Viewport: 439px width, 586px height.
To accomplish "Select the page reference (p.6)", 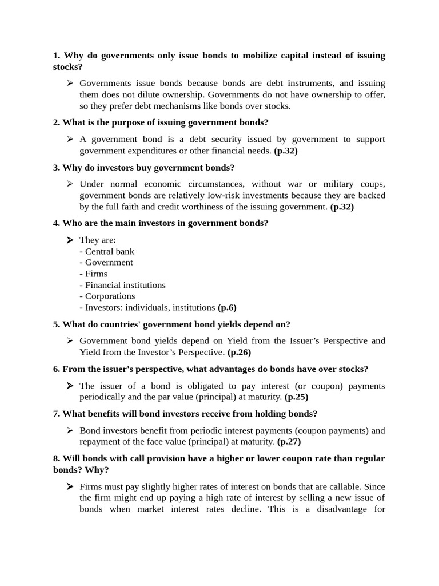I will [227, 307].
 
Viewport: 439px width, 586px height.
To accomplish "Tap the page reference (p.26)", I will [239, 352].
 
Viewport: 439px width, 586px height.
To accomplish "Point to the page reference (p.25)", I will [296, 397].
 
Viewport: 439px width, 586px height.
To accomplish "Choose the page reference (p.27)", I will [289, 441].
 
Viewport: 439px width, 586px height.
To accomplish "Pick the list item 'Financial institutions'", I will [122, 285].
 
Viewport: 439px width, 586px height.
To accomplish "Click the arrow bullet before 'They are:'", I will [70, 240].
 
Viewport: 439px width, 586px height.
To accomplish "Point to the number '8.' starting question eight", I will [57, 458].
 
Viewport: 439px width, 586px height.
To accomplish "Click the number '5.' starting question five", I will [57, 324].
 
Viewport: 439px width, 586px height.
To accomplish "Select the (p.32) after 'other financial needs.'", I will [286, 151].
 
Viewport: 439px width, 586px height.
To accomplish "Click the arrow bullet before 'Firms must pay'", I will [70, 486].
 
